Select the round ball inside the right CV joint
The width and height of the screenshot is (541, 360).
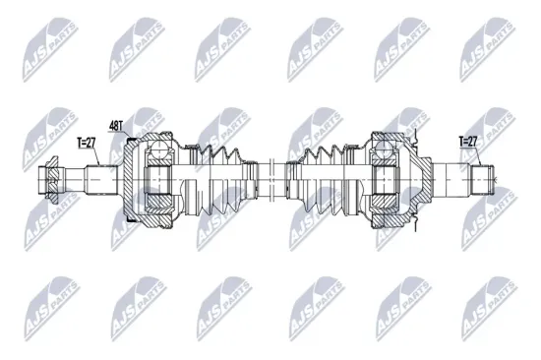coord(381,149)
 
